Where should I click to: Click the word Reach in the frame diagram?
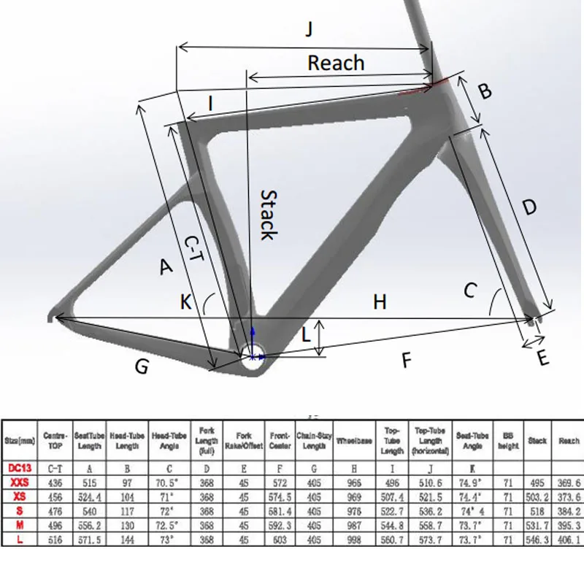[x=336, y=63]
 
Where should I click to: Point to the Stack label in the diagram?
[x=268, y=215]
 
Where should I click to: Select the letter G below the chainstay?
[x=142, y=366]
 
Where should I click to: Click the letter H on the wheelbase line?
[x=380, y=301]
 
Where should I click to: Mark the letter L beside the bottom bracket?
[x=307, y=335]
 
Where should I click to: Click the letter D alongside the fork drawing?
[x=530, y=207]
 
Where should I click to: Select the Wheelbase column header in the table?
[x=354, y=441]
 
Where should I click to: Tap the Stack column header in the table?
[x=537, y=441]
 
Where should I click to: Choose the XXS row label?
[x=20, y=483]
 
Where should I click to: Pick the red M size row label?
[x=20, y=525]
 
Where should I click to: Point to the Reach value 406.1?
[x=568, y=539]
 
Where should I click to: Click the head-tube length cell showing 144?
[x=128, y=539]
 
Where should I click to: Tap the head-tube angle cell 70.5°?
[x=169, y=483]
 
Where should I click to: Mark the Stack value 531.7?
[x=537, y=525]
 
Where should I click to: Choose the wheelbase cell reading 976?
[x=354, y=511]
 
